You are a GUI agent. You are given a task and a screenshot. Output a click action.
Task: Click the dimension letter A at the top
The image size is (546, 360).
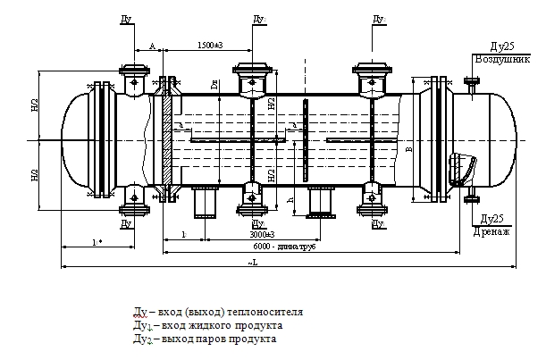click(152, 45)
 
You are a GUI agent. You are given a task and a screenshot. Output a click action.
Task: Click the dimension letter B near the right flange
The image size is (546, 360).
click(408, 150)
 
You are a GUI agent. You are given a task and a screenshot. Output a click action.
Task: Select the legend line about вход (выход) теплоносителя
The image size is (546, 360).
click(218, 313)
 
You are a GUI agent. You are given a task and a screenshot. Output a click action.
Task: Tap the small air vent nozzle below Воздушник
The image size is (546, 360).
click(470, 87)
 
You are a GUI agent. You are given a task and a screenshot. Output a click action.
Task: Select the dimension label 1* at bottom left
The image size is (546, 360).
click(95, 241)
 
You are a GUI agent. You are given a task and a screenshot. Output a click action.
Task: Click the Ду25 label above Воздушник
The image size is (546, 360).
click(501, 46)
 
